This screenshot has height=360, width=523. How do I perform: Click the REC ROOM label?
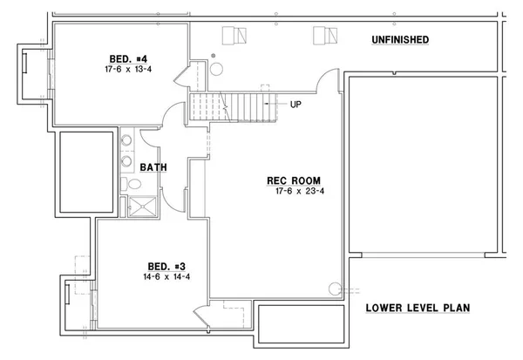pos(289,181)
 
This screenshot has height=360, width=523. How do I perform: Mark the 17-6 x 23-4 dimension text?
pos(295,193)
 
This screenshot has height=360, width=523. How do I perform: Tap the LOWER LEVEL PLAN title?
pos(418,307)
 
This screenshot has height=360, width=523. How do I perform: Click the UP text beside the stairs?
pos(295,105)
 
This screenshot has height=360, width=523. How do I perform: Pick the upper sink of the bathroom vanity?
pos(127,139)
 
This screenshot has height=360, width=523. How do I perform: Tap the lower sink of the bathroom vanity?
pos(127,160)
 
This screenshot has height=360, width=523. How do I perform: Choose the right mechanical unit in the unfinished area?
pos(324,35)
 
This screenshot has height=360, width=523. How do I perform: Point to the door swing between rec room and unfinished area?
pos(326,85)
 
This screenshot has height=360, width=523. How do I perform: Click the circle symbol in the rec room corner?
pos(334,289)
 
